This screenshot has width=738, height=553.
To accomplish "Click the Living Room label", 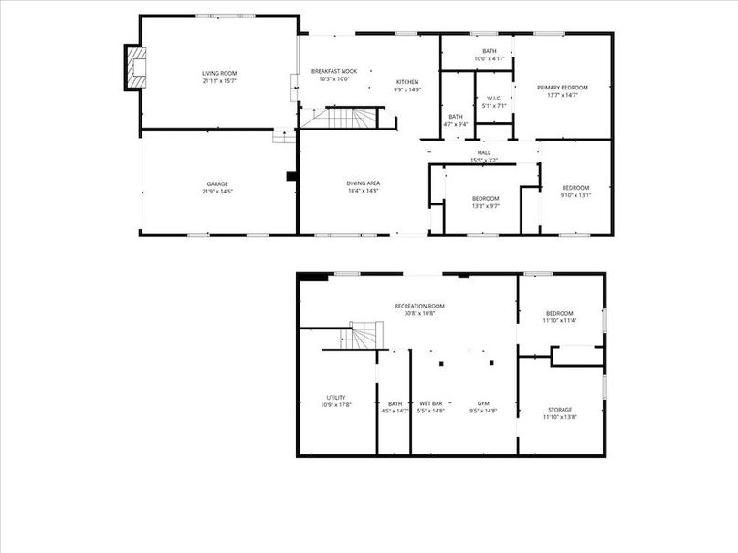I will point(219,73).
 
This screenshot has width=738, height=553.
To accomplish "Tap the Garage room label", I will point(216,183).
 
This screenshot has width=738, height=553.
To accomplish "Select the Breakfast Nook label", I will point(333,71).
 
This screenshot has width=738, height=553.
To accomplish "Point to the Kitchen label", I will point(407,82).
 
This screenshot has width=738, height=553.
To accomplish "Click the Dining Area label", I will point(363,183).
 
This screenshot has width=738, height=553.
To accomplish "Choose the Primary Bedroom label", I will point(562,88).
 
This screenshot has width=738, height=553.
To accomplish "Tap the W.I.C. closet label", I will point(494,98).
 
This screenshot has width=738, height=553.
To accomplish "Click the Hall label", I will point(484,152).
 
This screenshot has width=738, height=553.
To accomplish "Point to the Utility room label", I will point(335,397).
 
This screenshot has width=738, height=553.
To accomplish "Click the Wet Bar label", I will point(431,403).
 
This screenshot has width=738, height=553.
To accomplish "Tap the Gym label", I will point(483,403).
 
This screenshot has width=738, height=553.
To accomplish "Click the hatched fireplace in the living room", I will point(137,68).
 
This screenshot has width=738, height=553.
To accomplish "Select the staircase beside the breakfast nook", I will point(340,118).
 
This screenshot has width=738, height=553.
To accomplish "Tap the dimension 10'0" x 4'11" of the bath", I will point(490,59).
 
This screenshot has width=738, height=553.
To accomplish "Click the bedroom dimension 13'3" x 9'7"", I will point(485,206).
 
